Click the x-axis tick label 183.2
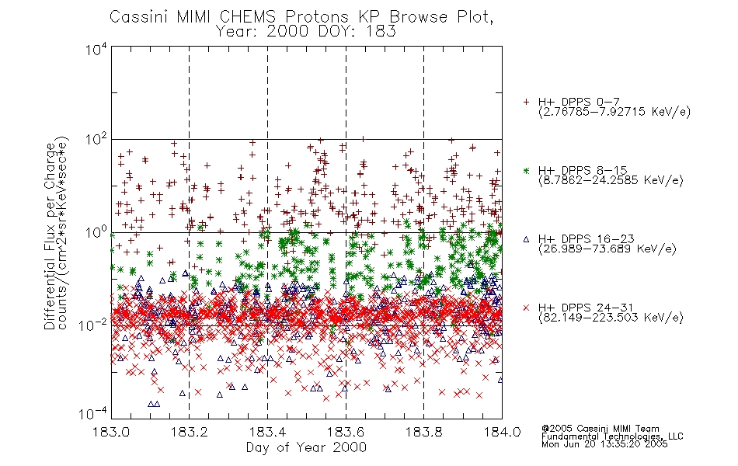pyautogui.click(x=190, y=432)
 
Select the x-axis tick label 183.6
pyautogui.click(x=346, y=432)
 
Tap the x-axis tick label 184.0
pyautogui.click(x=502, y=432)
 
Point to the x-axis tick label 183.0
pyautogui.click(x=111, y=432)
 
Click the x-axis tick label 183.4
pyautogui.click(x=267, y=432)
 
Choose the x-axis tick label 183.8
pyautogui.click(x=423, y=432)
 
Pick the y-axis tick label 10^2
pyautogui.click(x=96, y=141)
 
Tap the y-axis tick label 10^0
pyautogui.click(x=96, y=232)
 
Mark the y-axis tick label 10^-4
pyautogui.click(x=93, y=414)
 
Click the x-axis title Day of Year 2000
pyautogui.click(x=306, y=447)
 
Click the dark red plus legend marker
pyautogui.click(x=526, y=102)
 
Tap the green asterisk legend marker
pyautogui.click(x=526, y=170)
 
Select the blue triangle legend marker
pyautogui.click(x=526, y=239)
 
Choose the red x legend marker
pyautogui.click(x=526, y=308)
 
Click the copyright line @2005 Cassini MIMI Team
pyautogui.click(x=600, y=429)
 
